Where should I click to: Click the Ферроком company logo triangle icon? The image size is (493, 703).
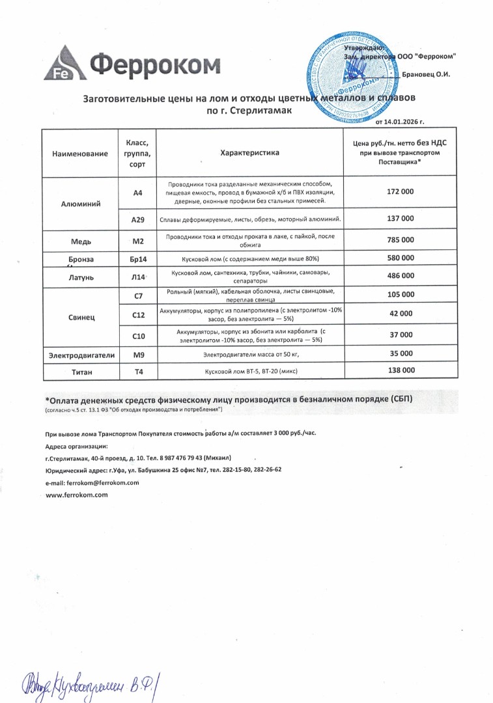pos(63,64)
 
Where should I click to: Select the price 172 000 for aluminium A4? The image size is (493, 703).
pos(400,193)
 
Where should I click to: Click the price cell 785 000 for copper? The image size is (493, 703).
pos(400,241)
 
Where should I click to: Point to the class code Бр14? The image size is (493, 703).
pos(138,259)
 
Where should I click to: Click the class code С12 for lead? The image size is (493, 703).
pos(138,315)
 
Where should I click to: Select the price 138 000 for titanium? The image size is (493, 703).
pos(400,370)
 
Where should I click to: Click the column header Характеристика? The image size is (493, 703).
pos(249,152)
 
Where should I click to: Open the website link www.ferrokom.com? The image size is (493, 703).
pos(76,495)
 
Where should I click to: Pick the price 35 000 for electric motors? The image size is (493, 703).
pos(400,353)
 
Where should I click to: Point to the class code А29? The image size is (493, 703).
pos(138,220)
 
